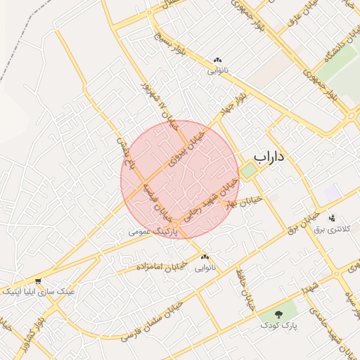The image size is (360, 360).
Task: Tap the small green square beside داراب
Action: (x=248, y=169)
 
